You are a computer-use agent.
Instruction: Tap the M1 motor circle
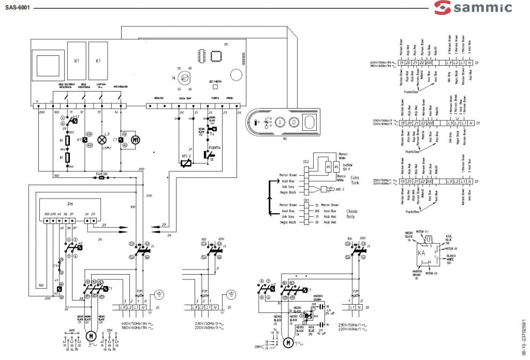click(x=137, y=140)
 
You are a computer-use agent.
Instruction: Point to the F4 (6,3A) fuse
click(x=102, y=176)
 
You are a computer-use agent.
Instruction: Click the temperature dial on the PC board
click(x=183, y=78)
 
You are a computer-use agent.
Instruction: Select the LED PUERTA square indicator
click(x=215, y=87)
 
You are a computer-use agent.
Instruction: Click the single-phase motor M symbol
click(x=287, y=342)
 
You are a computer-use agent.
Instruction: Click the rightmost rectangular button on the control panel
click(x=309, y=124)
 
